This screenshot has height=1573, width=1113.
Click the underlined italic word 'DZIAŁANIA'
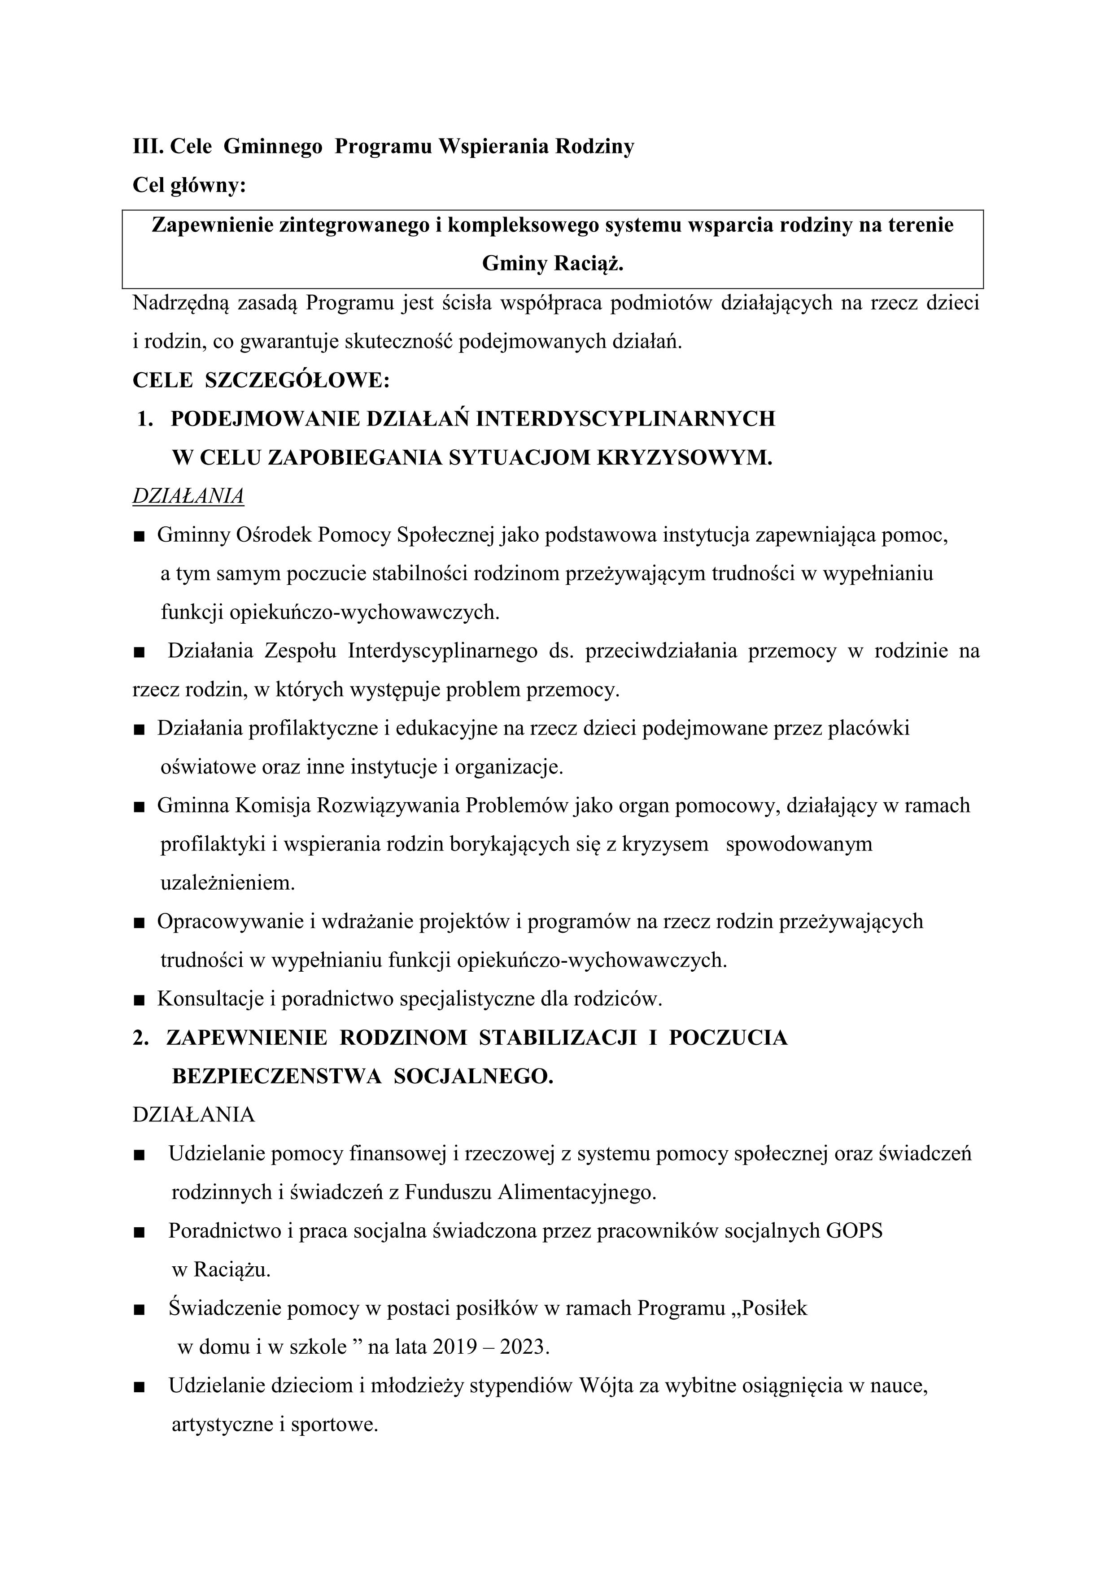tap(188, 496)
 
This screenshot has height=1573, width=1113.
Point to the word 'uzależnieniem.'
tap(227, 883)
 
